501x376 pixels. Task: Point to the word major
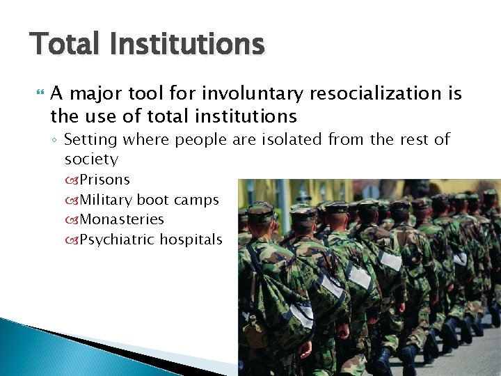coord(99,94)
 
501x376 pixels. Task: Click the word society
coord(91,159)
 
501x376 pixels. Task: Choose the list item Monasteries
coord(122,219)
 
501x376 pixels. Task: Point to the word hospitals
coord(191,240)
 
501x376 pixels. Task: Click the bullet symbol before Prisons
coord(73,180)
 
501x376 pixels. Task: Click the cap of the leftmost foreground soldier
coord(261,210)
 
